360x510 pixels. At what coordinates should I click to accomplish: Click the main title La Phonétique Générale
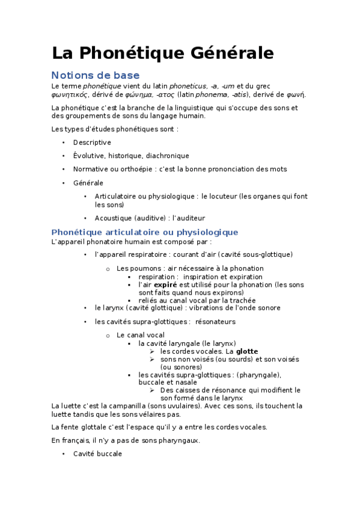163,53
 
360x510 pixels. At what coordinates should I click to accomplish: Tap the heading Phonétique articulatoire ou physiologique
145,232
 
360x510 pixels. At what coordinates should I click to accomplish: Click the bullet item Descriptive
92,143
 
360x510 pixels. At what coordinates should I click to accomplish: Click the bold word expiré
165,284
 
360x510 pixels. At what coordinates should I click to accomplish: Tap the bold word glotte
247,351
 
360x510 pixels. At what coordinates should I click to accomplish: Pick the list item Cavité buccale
97,453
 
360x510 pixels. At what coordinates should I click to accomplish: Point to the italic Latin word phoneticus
188,86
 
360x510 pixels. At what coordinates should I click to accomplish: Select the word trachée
242,300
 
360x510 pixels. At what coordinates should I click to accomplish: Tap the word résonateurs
216,322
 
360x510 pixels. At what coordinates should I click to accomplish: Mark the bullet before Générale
64,183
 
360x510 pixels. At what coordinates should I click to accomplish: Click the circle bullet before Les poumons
108,269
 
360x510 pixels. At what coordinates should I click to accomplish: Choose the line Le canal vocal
141,335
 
